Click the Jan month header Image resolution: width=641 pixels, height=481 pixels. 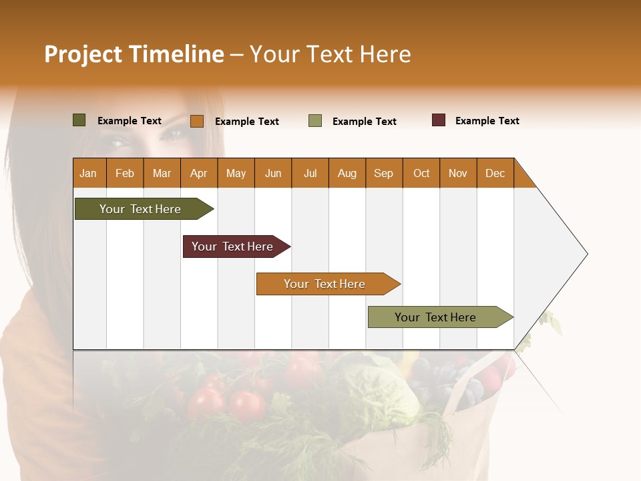point(89,173)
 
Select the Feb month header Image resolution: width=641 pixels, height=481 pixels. point(125,173)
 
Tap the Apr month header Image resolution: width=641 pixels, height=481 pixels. point(198,173)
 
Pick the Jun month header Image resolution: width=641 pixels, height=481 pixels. point(273,173)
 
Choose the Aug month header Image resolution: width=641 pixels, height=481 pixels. point(347,173)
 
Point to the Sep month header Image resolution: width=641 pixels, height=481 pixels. point(383,173)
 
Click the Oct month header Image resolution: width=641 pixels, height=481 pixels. point(421,173)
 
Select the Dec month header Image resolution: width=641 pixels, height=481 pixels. point(495,173)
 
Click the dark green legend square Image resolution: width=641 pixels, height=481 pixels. point(79,120)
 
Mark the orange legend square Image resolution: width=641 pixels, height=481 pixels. point(197,121)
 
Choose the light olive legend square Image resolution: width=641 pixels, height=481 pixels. point(315,121)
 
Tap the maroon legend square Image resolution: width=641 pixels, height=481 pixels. point(439,120)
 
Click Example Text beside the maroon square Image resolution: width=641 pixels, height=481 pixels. point(487,121)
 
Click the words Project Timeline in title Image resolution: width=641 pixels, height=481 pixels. point(134,54)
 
